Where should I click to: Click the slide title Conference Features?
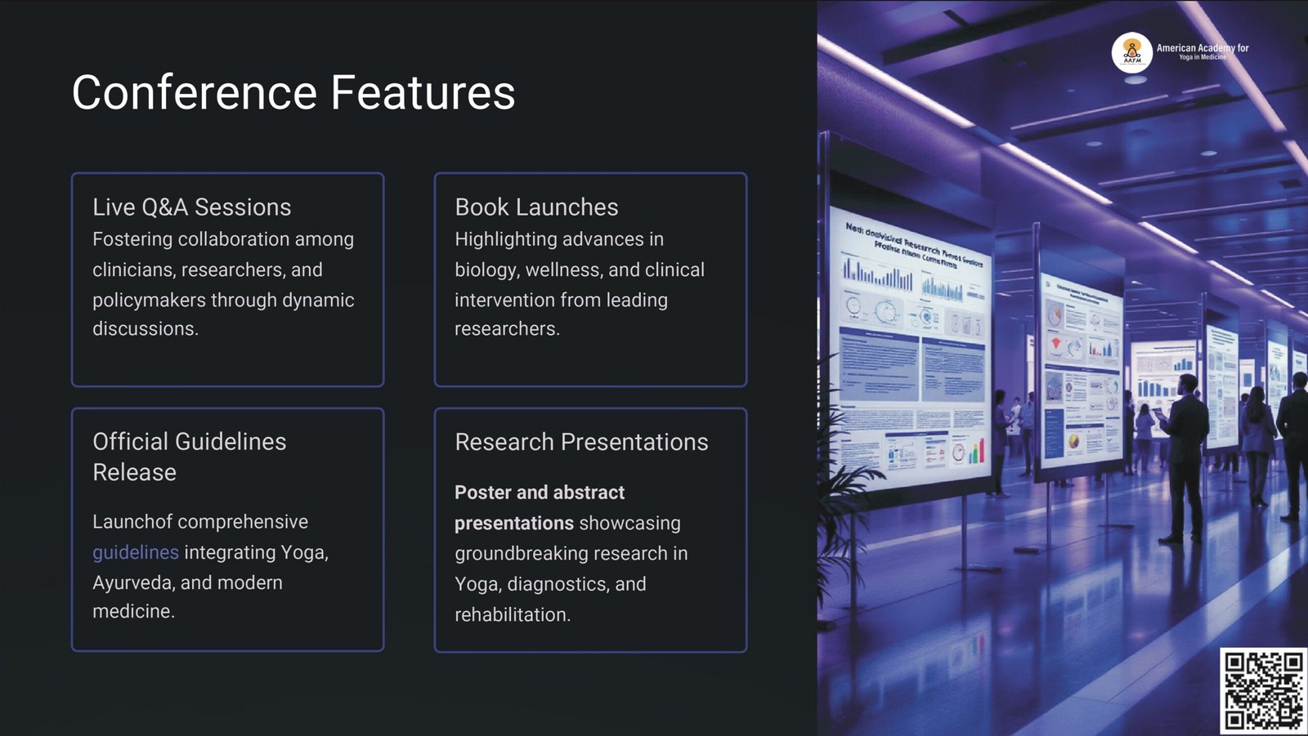click(293, 92)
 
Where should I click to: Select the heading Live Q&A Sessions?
click(191, 207)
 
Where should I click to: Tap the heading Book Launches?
click(536, 207)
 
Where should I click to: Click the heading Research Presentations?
click(581, 442)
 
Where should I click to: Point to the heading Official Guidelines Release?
click(189, 457)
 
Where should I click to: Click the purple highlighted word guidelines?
click(135, 553)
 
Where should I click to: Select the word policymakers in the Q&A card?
click(149, 301)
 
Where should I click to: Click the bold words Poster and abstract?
click(540, 493)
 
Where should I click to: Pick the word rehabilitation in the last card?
click(511, 615)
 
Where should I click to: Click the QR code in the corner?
click(1263, 690)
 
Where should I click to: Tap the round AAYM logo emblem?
click(1132, 52)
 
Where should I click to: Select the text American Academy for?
click(1202, 48)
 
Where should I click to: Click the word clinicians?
click(131, 270)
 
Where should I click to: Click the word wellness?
click(562, 270)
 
